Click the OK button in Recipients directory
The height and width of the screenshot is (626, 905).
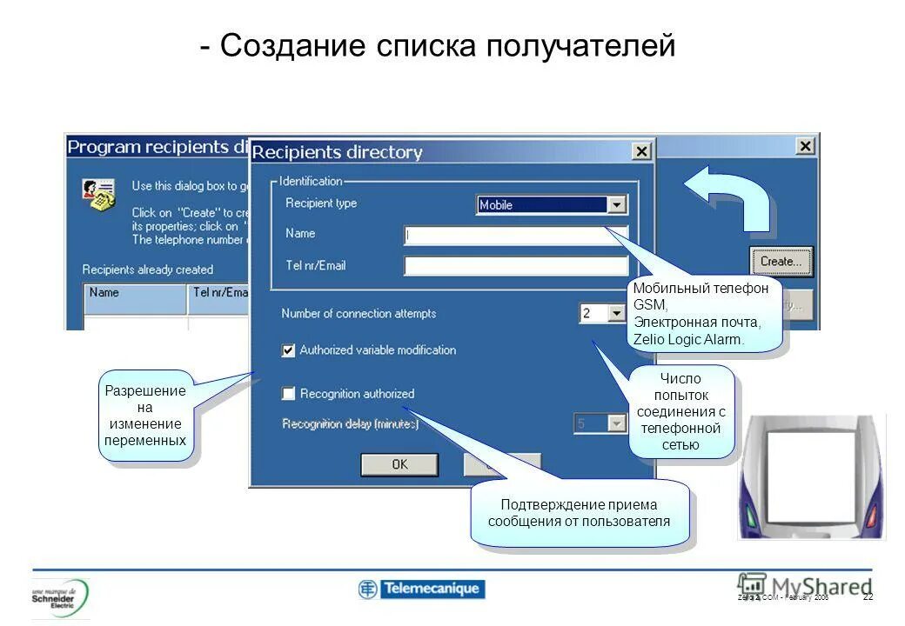point(399,464)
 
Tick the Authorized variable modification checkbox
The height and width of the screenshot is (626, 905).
point(289,350)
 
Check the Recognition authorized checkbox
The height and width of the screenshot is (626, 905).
point(289,394)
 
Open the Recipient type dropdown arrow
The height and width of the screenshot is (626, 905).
point(617,205)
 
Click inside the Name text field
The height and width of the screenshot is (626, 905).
point(515,235)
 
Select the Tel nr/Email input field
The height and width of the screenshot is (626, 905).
point(515,266)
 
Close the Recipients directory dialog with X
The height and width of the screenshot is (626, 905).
point(641,152)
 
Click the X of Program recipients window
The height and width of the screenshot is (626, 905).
point(806,146)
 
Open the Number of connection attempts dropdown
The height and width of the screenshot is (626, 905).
point(616,313)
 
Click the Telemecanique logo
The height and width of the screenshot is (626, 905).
point(421,589)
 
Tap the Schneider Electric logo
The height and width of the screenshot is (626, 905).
point(61,597)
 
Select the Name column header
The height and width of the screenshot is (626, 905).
point(135,294)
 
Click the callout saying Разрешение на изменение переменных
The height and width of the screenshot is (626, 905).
point(145,416)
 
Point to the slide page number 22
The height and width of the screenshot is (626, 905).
point(868,596)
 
